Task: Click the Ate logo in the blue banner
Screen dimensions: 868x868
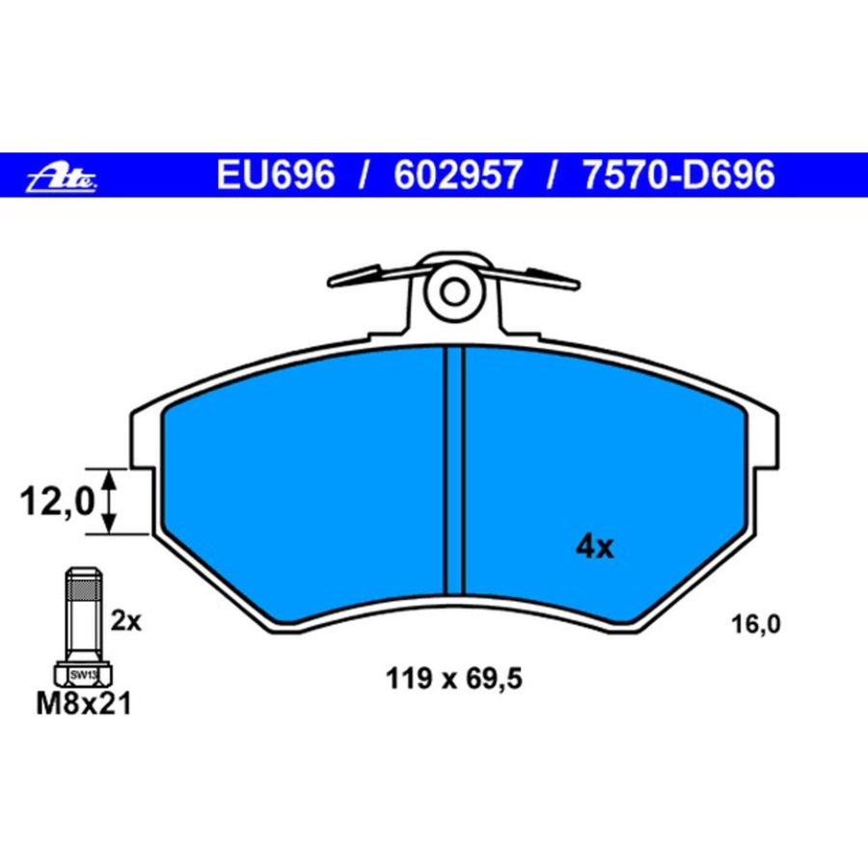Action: pyautogui.click(x=62, y=177)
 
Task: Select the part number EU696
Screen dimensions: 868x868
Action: pyautogui.click(x=275, y=175)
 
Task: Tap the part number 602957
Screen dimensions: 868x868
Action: pyautogui.click(x=457, y=175)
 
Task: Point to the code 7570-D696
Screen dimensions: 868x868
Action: pyautogui.click(x=678, y=175)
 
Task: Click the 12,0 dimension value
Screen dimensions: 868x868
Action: pyautogui.click(x=57, y=502)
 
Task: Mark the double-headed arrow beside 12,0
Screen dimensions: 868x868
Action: pyautogui.click(x=110, y=502)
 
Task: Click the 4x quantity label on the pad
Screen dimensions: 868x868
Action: pyautogui.click(x=594, y=548)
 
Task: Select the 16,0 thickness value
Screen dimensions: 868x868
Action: pyautogui.click(x=755, y=624)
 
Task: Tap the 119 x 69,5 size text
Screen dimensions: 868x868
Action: pyautogui.click(x=453, y=679)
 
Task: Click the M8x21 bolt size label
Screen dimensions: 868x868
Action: pyautogui.click(x=84, y=704)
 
